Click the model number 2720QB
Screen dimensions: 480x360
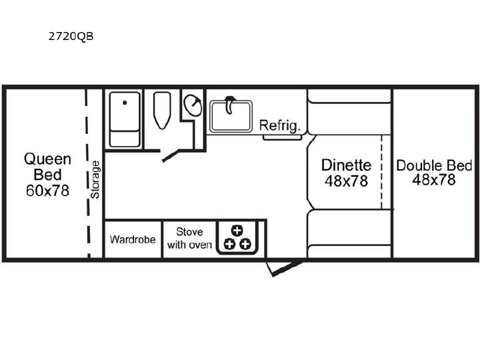tap(71, 36)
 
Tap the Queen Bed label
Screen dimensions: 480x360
tap(47, 167)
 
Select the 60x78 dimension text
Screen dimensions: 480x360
tap(47, 191)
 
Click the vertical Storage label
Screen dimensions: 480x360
tap(95, 180)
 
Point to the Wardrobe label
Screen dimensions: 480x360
tap(133, 239)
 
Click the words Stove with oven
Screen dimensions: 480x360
tap(189, 238)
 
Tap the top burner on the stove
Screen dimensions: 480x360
tap(237, 231)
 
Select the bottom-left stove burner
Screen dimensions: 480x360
tap(229, 244)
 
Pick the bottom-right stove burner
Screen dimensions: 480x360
tap(245, 244)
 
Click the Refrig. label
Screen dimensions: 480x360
tap(279, 125)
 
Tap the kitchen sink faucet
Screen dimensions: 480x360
tap(229, 104)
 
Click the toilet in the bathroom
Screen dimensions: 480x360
tap(162, 110)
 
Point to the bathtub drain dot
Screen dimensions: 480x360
tap(125, 103)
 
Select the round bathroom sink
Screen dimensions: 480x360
tap(193, 105)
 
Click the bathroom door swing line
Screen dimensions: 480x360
tap(171, 155)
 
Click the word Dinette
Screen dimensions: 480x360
tap(346, 165)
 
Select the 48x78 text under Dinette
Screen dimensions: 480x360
tap(346, 181)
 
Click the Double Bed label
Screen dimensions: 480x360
tap(434, 165)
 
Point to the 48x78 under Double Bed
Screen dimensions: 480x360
tap(434, 180)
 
